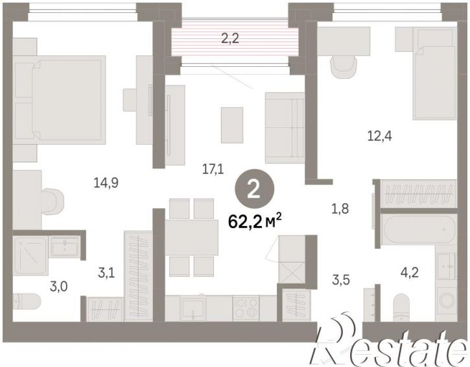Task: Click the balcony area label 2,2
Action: [230, 39]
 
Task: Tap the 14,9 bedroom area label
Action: [106, 183]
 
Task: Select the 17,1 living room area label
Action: [213, 170]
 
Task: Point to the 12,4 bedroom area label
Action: [379, 136]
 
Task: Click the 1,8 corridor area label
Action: [340, 208]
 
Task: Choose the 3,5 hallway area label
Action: [341, 280]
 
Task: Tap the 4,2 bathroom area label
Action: [410, 273]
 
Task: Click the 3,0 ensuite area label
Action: [58, 286]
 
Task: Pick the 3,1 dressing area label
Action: [106, 273]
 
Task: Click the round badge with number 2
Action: [254, 189]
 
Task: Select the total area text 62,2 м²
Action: [255, 221]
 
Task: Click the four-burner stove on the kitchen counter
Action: [246, 309]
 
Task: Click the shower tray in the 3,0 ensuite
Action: [30, 256]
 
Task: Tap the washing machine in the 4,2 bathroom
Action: [446, 301]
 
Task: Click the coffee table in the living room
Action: [232, 125]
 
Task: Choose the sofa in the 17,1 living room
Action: [285, 128]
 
